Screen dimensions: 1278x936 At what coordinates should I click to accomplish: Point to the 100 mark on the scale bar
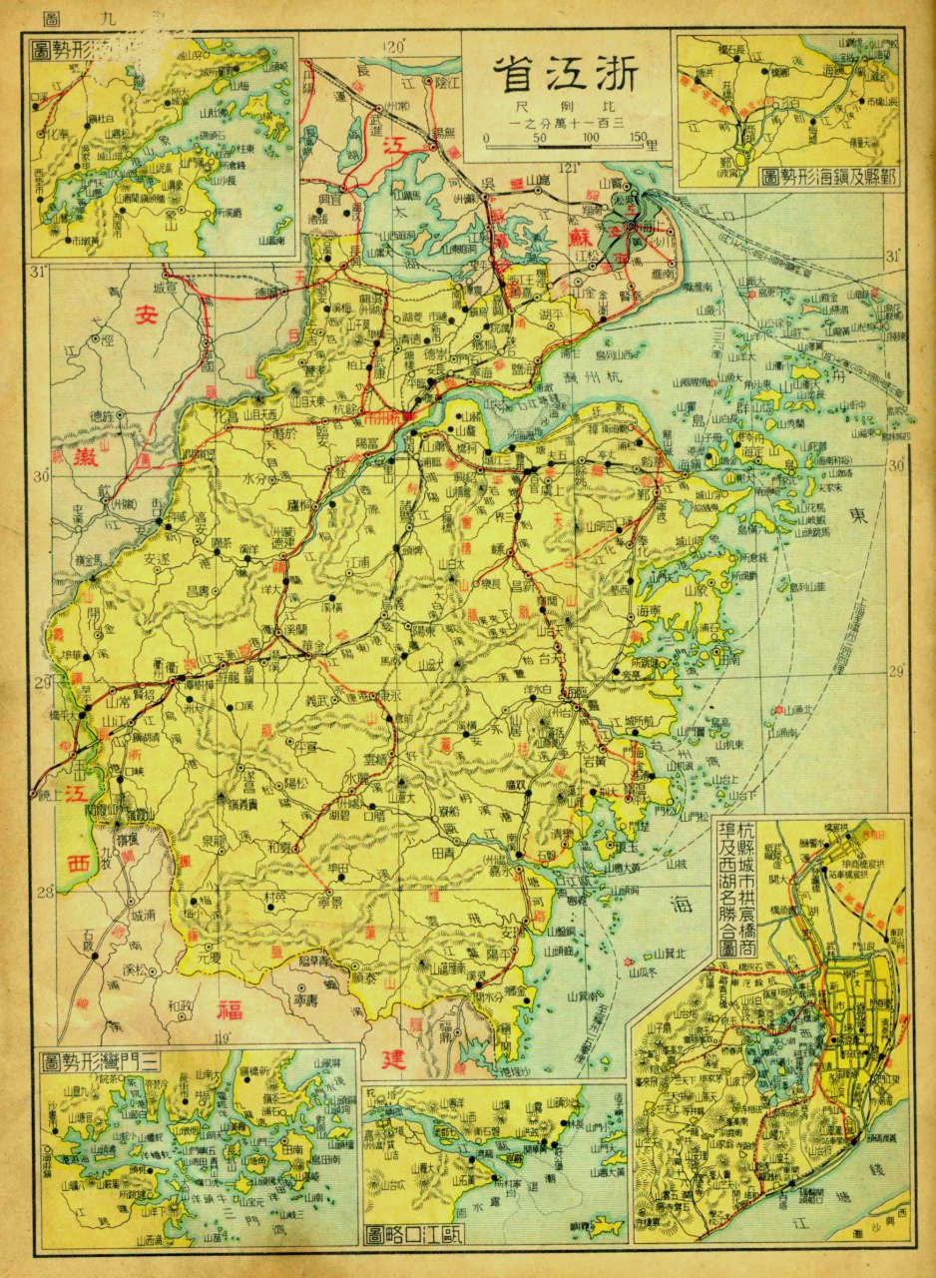tap(592, 138)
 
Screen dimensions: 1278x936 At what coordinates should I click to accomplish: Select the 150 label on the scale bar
tap(641, 138)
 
